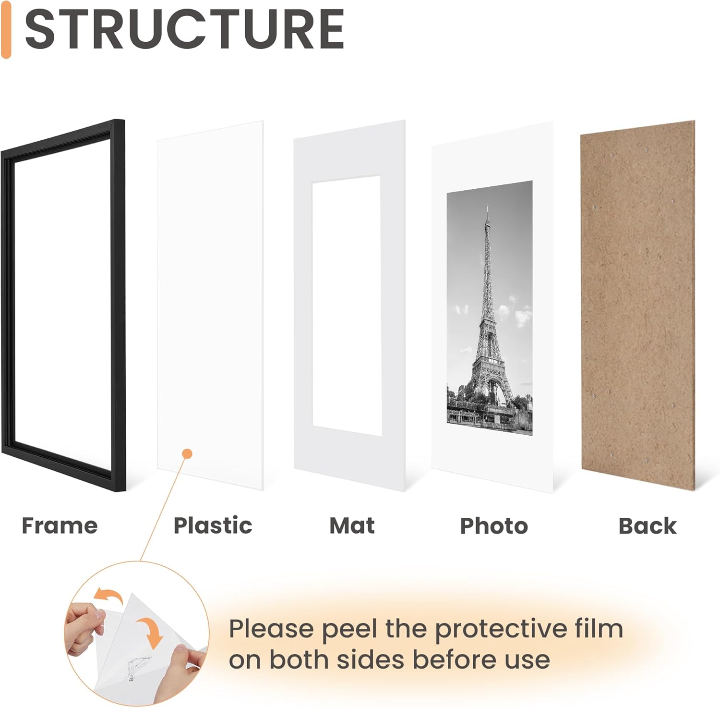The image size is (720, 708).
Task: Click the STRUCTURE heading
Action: click(184, 30)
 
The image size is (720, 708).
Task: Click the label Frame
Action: click(60, 525)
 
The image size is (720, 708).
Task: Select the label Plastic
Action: click(213, 525)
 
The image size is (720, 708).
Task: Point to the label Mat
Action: click(352, 525)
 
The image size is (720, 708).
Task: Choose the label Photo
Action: click(494, 526)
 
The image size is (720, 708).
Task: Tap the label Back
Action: click(647, 526)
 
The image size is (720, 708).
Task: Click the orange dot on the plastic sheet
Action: click(187, 453)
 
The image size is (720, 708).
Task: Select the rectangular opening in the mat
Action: click(346, 305)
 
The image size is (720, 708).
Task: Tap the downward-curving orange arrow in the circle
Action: click(151, 632)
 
